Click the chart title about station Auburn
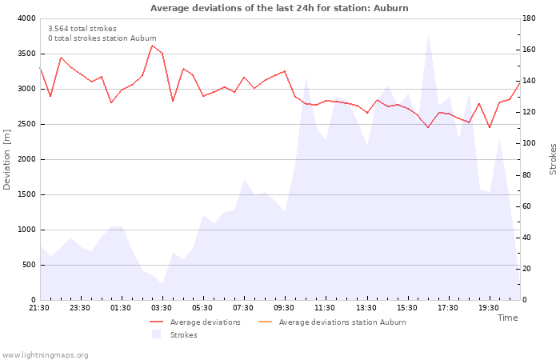click(279, 8)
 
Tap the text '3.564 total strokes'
click(82, 29)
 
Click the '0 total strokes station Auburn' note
click(102, 38)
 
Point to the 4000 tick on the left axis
click(26, 18)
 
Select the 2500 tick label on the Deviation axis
click(26, 124)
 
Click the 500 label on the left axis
click(29, 265)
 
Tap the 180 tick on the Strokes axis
click(529, 18)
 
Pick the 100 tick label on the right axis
click(529, 143)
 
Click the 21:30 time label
click(39, 308)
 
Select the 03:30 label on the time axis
click(162, 308)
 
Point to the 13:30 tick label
click(366, 308)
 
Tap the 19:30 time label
click(489, 308)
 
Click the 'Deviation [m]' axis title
click(6, 159)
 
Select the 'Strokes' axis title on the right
click(553, 159)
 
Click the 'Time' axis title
click(507, 318)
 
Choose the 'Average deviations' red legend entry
click(195, 322)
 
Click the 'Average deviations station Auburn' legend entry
click(332, 322)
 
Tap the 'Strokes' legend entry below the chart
click(174, 334)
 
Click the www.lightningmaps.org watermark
click(44, 355)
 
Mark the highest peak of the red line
click(152, 46)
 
